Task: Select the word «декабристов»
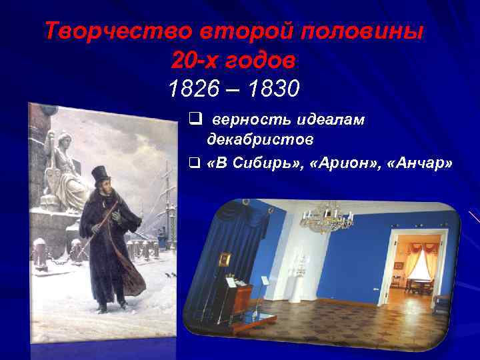(x=260, y=140)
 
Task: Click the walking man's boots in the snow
(x=113, y=306)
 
